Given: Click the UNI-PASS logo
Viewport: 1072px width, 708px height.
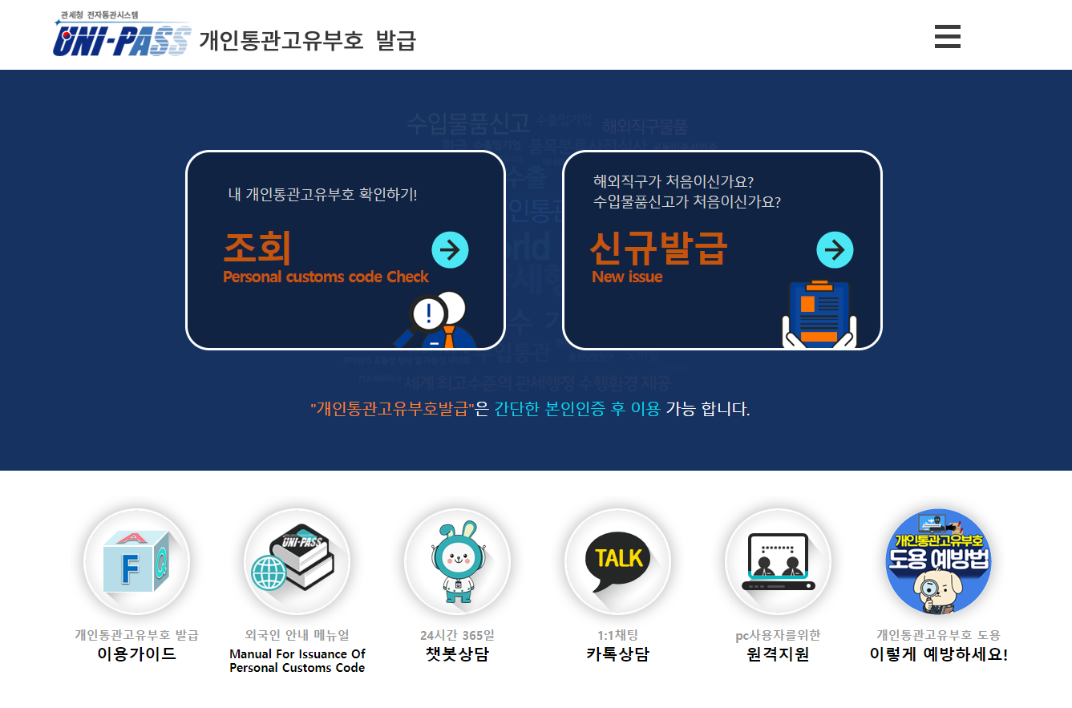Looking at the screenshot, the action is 123,36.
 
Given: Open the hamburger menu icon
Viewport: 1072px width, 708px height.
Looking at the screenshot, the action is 947,37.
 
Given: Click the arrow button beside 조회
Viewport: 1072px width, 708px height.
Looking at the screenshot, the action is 450,250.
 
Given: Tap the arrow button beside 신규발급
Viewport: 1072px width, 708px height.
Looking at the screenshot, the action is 835,250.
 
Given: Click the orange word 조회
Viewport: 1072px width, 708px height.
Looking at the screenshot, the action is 257,249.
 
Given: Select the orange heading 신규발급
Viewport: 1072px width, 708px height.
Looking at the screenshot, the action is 657,249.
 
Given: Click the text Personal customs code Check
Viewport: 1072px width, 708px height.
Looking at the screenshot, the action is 326,277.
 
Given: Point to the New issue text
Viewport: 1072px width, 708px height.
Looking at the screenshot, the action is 627,277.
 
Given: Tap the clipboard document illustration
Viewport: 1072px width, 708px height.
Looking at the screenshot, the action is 819,314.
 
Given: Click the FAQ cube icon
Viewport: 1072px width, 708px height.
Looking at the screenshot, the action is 136,561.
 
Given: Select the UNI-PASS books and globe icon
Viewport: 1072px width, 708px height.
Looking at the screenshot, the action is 297,561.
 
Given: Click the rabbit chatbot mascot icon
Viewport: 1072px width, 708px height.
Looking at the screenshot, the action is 457,561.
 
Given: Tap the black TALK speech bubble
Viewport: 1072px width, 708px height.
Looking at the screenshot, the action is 617,560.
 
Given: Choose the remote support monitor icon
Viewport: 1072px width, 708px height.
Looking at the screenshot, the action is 778,561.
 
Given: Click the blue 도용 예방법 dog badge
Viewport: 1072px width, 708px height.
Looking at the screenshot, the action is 938,561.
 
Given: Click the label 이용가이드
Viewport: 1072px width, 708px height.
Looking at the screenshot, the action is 136,654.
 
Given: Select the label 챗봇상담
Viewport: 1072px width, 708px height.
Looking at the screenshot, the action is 457,654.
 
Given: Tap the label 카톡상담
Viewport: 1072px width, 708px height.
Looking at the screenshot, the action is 617,654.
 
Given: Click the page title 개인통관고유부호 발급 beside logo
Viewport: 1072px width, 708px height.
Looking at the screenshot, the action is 307,40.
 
